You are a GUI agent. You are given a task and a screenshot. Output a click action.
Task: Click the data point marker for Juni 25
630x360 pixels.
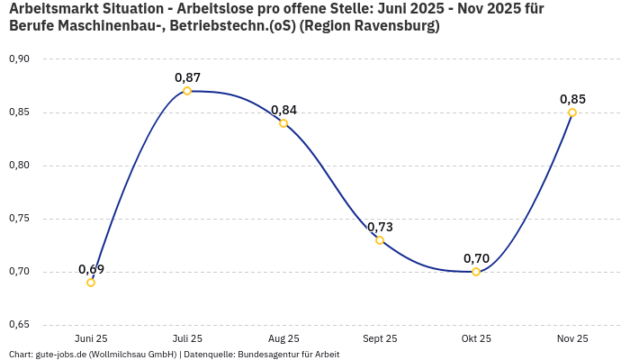coord(91,283)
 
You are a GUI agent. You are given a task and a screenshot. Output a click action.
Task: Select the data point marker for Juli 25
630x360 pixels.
coord(187,91)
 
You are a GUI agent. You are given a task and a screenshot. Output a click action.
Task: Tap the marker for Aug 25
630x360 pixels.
coord(283,123)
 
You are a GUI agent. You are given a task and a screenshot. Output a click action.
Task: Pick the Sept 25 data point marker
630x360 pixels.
coord(380,240)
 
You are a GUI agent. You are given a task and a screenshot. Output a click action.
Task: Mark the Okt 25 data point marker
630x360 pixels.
coord(476,272)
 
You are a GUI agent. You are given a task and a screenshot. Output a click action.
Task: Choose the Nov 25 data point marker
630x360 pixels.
coord(572,112)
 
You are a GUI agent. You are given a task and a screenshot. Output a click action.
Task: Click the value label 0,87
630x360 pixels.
coord(187,77)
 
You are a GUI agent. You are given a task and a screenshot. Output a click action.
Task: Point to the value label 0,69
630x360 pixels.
coord(91,269)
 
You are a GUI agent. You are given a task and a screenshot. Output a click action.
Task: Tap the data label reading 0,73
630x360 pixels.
coord(380,227)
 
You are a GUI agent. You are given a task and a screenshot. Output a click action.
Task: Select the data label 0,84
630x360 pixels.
coord(283,110)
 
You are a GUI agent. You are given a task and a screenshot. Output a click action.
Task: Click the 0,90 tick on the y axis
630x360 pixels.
coord(19,59)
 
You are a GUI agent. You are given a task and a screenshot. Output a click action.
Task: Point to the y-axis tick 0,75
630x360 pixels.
coord(19,219)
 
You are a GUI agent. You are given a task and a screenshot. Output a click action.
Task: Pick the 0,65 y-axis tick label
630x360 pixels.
coord(19,325)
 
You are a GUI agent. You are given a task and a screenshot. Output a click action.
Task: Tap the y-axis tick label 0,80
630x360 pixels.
coord(19,166)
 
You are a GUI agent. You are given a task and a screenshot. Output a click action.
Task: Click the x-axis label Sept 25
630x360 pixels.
coord(380,338)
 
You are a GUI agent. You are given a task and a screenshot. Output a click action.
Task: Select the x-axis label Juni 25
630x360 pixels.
coord(91,338)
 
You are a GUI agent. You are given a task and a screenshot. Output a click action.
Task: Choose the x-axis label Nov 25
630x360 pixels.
coord(572,338)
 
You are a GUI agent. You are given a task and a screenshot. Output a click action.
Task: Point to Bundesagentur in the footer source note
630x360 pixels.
coord(265,355)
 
